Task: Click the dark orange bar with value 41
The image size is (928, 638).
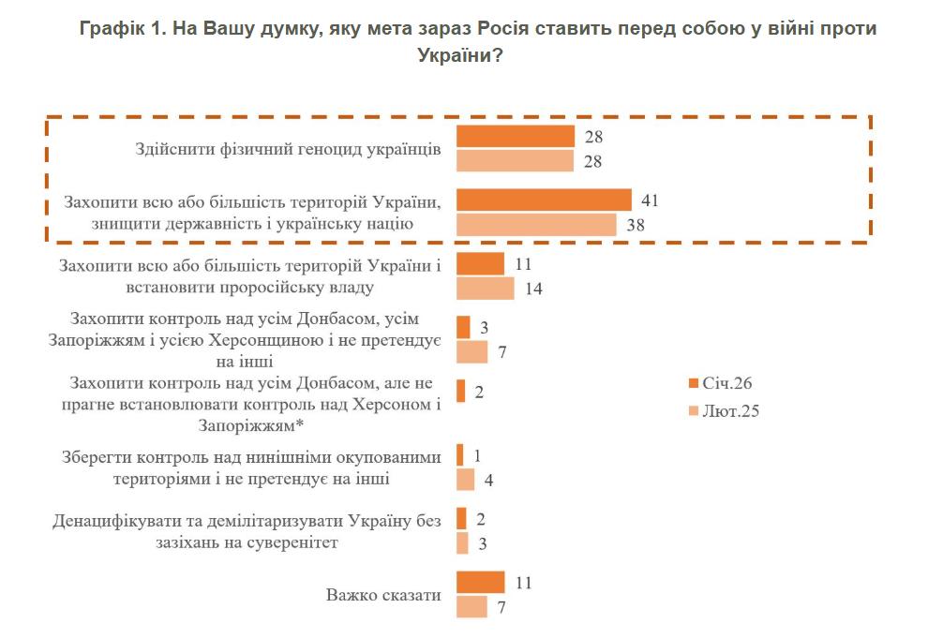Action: (x=544, y=200)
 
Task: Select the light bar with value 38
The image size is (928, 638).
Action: (x=536, y=225)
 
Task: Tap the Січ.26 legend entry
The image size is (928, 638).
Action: (x=721, y=383)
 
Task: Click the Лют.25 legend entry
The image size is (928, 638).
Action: (x=723, y=410)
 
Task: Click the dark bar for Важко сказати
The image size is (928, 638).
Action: (x=480, y=583)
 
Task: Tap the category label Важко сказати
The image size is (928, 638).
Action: (x=383, y=595)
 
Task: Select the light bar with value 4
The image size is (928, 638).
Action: (x=466, y=480)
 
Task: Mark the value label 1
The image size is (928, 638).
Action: (x=478, y=455)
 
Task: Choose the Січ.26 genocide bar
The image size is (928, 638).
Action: (x=516, y=137)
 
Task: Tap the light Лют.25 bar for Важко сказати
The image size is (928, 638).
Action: (x=472, y=607)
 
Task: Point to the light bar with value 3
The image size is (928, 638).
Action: (x=462, y=543)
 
